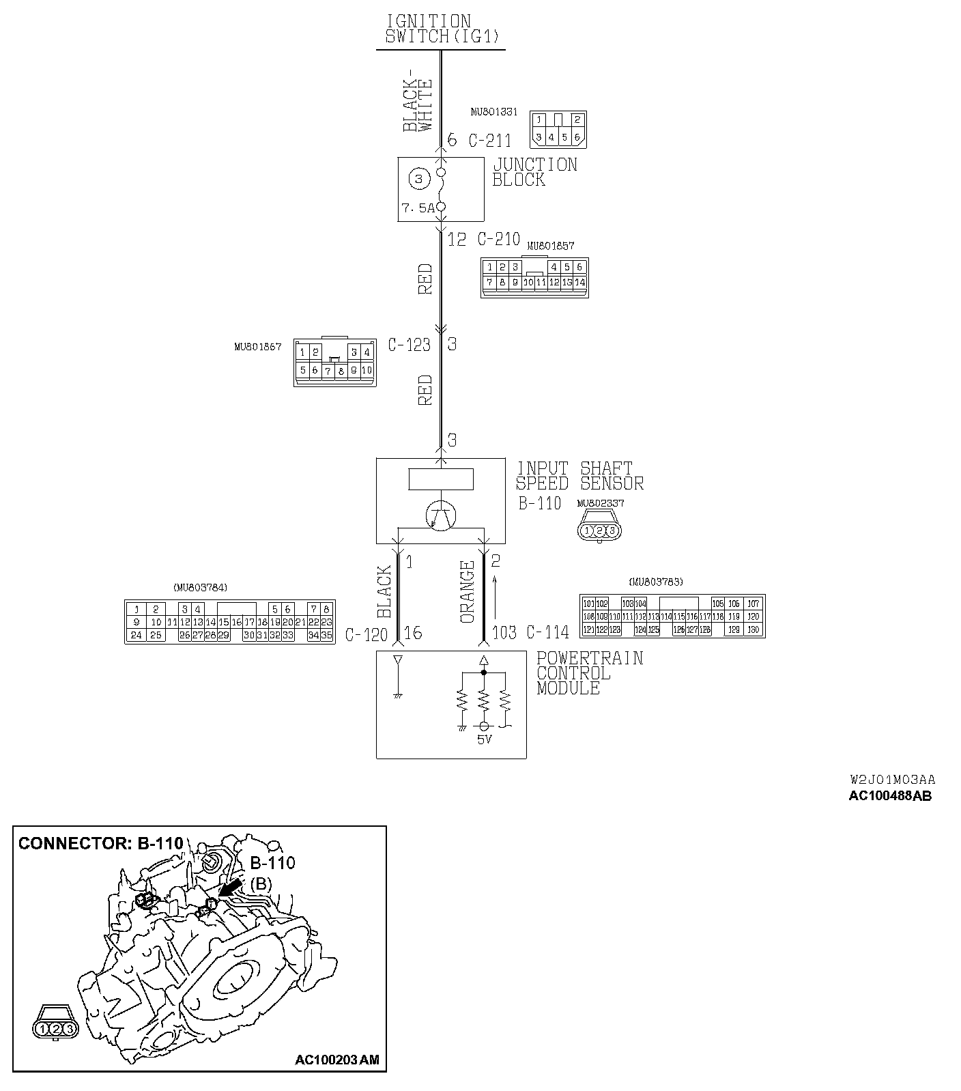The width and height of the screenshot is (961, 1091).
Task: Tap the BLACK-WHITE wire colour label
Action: [x=418, y=100]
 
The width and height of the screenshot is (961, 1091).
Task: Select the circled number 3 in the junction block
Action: [x=418, y=180]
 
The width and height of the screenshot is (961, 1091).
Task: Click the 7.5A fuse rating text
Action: [x=418, y=208]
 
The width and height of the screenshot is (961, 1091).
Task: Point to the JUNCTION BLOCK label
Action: [x=534, y=172]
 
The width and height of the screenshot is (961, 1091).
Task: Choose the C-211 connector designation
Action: [x=489, y=141]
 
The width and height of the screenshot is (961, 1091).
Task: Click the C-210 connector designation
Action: [x=498, y=239]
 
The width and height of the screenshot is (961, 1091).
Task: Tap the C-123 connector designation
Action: [x=409, y=345]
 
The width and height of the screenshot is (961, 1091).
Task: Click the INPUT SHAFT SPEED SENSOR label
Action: [x=579, y=476]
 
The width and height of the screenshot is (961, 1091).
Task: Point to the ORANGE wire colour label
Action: [x=468, y=592]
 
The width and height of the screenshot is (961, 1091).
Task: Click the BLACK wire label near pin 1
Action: [x=384, y=592]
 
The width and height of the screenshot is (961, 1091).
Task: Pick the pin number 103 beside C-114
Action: [x=504, y=633]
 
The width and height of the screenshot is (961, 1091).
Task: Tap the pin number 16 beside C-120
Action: [x=414, y=634]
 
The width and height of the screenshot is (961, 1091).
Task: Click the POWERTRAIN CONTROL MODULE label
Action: [x=589, y=673]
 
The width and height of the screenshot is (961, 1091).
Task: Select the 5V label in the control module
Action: [x=484, y=739]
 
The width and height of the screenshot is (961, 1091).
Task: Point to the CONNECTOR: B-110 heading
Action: [x=101, y=843]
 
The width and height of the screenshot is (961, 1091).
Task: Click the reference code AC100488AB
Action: [x=889, y=795]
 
